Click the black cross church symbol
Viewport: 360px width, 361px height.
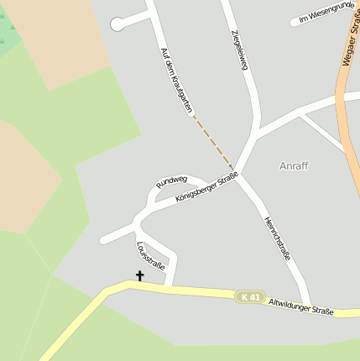coord(139,275)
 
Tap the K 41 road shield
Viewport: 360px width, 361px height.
coord(250,297)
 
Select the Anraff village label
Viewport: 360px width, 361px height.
coord(294,165)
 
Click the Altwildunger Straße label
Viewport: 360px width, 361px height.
coord(300,306)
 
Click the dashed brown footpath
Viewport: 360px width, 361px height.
coord(215,142)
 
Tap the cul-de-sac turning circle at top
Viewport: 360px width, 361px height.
coord(117,24)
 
